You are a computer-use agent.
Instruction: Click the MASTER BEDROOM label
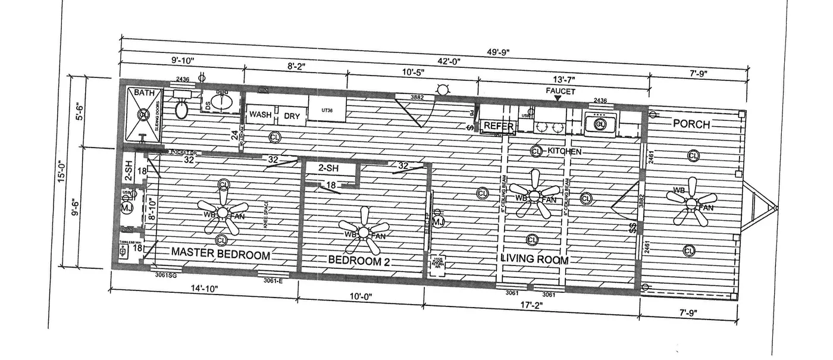(x=221, y=254)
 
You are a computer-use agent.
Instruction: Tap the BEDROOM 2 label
(x=359, y=260)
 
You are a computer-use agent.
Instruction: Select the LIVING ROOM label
(x=534, y=259)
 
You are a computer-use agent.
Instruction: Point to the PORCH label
(x=691, y=124)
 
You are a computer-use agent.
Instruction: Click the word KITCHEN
(x=564, y=152)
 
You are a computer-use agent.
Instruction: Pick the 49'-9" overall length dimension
(x=493, y=52)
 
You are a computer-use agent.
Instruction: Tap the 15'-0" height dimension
(x=62, y=172)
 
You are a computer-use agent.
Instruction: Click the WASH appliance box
(x=261, y=115)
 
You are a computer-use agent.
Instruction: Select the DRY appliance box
(x=292, y=116)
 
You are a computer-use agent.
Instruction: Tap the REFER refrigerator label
(x=498, y=126)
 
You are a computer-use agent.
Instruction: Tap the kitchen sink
(x=600, y=124)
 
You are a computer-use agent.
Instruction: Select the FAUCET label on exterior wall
(x=560, y=91)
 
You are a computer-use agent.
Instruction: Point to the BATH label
(x=143, y=93)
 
